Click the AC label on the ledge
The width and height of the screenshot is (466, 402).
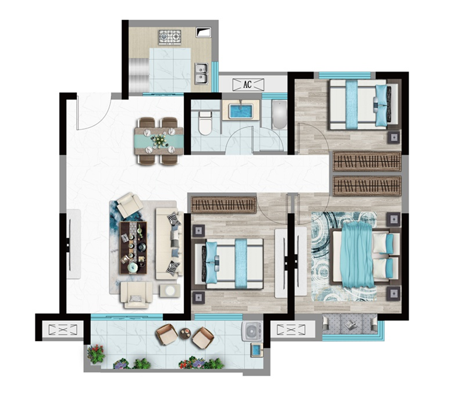[247, 84]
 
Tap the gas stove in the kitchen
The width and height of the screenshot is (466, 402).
[170, 37]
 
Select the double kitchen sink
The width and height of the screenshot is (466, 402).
[201, 73]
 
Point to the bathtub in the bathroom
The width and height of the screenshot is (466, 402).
[279, 115]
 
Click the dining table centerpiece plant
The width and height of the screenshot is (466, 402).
[159, 140]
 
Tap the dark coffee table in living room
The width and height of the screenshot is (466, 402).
[133, 248]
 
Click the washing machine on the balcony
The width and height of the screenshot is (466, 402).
[252, 331]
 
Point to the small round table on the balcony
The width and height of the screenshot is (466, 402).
[185, 333]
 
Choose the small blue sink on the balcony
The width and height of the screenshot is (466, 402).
[256, 350]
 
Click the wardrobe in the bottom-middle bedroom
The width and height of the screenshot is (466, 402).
[223, 204]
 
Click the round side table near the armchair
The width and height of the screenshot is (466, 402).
[170, 290]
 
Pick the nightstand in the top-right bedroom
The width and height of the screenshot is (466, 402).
[394, 138]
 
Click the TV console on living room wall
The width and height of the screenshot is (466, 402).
[74, 244]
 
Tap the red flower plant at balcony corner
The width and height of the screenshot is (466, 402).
[97, 354]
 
